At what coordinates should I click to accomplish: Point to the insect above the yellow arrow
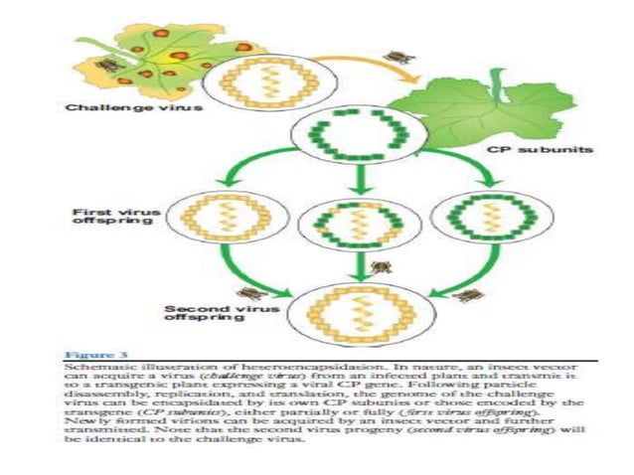(x=397, y=57)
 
